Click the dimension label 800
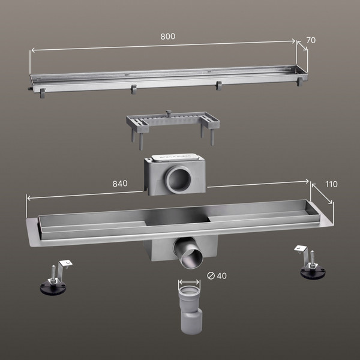click(168, 37)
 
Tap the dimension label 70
click(311, 40)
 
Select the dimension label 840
click(120, 184)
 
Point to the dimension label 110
click(332, 184)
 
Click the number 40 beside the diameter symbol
click(221, 276)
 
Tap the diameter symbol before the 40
click(211, 276)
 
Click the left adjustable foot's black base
click(53, 287)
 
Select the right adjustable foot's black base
click(313, 273)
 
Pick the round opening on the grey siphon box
click(178, 179)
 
